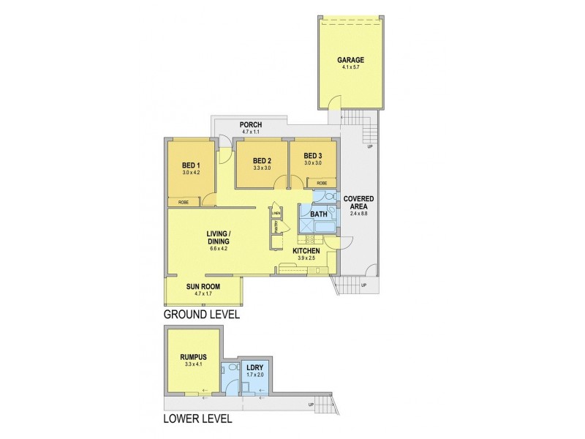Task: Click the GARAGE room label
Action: (x=350, y=60)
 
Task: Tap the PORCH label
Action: (x=251, y=125)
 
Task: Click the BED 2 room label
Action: (x=262, y=161)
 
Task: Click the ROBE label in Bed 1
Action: (x=184, y=201)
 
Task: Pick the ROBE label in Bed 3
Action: (x=322, y=183)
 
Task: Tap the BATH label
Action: (x=319, y=214)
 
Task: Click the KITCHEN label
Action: (x=307, y=251)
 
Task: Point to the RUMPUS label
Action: (x=194, y=357)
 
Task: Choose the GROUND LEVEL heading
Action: (x=201, y=314)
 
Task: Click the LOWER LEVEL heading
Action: (x=197, y=419)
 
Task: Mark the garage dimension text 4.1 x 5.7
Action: (x=350, y=68)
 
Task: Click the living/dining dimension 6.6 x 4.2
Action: (x=219, y=249)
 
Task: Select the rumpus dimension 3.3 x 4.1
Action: (x=194, y=365)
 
